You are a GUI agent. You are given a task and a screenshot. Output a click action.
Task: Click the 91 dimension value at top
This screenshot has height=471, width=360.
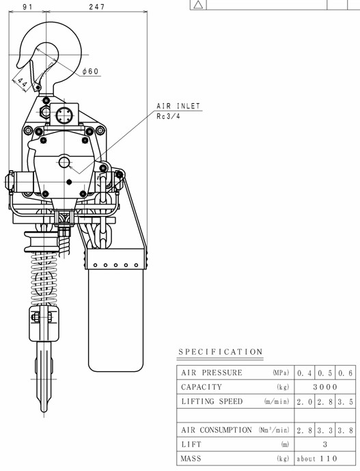[x=27, y=7]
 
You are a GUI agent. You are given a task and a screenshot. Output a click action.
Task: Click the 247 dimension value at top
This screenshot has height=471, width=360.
[x=97, y=7]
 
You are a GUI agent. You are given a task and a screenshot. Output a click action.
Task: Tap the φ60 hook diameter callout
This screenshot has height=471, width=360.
[x=91, y=71]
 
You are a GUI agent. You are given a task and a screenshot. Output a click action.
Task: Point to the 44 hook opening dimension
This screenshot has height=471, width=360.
[x=21, y=82]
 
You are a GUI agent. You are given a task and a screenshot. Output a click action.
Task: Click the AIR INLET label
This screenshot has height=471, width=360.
[x=178, y=106]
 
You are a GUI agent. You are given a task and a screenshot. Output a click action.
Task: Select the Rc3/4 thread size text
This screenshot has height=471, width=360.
[x=169, y=116]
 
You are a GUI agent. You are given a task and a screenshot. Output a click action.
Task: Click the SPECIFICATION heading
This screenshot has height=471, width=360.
[x=221, y=352]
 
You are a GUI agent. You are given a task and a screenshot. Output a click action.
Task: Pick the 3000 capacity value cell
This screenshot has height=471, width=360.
[x=325, y=387]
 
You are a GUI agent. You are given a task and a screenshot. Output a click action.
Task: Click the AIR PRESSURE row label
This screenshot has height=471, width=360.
[x=212, y=373]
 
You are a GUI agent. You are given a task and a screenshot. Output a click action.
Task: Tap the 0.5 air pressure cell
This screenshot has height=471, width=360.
[x=325, y=373]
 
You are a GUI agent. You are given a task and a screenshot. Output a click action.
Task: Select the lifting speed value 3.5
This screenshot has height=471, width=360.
[x=345, y=402]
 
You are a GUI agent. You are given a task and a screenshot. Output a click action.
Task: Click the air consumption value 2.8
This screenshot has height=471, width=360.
[x=305, y=431]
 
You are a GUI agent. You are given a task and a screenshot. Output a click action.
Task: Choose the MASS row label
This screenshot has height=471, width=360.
[x=191, y=459]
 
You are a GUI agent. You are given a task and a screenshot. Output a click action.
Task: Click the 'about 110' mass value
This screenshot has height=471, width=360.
[x=317, y=459]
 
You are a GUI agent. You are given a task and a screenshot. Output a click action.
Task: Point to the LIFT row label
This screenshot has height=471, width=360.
[x=191, y=444]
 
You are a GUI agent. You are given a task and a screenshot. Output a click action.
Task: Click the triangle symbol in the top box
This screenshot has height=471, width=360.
[x=198, y=5]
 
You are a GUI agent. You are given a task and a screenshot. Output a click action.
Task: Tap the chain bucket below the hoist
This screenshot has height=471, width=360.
[x=115, y=310]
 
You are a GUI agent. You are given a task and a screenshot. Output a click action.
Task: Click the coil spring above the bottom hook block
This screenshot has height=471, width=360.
[x=44, y=279]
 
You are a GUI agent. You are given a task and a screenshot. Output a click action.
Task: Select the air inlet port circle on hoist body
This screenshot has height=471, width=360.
[x=64, y=163]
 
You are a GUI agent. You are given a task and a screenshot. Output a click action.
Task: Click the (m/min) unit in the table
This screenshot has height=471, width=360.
[x=277, y=401]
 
